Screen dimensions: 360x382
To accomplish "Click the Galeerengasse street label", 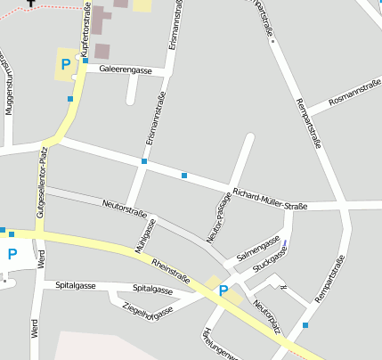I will point(126,70).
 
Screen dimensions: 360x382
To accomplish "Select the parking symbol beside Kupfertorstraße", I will point(65,63).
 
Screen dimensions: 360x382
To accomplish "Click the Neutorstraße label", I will point(124,208).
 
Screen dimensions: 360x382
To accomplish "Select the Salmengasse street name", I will point(258,249).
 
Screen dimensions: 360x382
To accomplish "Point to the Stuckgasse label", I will point(269,260).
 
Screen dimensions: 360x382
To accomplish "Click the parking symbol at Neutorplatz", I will point(224,290).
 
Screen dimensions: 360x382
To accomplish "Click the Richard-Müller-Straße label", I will point(269,200).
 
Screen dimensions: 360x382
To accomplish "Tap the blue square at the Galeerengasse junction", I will point(85,61).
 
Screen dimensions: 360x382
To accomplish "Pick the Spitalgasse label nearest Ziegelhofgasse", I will point(152,290).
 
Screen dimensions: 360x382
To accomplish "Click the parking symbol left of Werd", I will point(12,254).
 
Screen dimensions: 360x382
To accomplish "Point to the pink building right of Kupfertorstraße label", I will point(102,51).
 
